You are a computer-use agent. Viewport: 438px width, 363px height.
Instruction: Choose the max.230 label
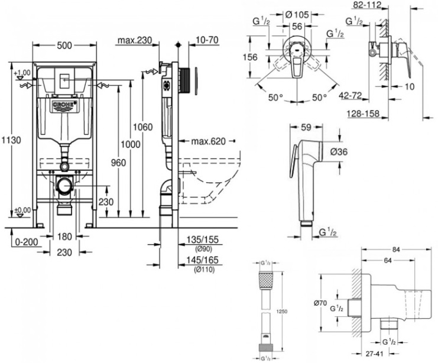(135, 40)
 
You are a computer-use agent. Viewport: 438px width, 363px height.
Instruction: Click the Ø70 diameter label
(320, 303)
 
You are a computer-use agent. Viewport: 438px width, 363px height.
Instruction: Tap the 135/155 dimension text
(198, 241)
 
